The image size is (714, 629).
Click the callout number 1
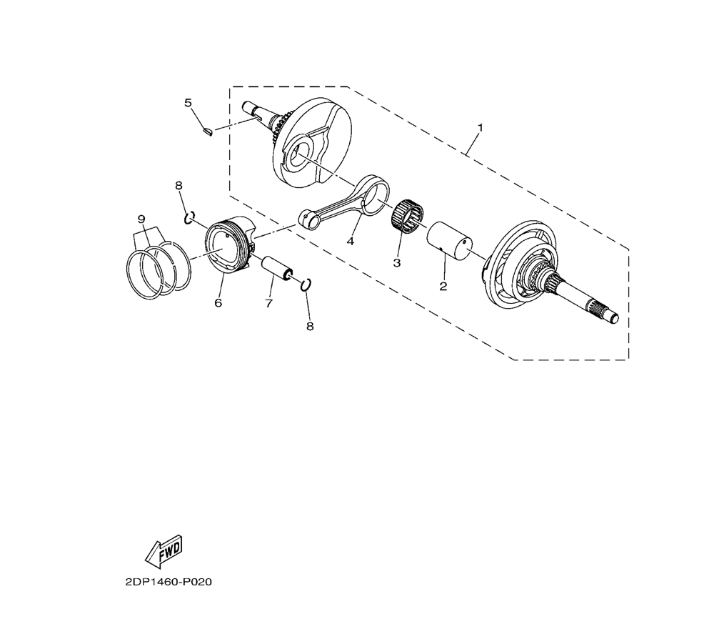480,127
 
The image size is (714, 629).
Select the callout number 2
443,286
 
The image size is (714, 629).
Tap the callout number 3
396,263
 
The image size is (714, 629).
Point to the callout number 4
350,241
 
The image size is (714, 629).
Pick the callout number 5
188,102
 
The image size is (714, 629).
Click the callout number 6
218,302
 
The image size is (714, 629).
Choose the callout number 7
268,303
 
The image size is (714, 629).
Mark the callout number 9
141,219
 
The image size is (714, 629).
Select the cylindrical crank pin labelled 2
448,242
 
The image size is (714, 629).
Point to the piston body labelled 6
230,245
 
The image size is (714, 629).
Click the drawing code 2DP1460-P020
168,582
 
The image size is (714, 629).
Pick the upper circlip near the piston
190,217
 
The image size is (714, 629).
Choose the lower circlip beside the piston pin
306,284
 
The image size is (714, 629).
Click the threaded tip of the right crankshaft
613,317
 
